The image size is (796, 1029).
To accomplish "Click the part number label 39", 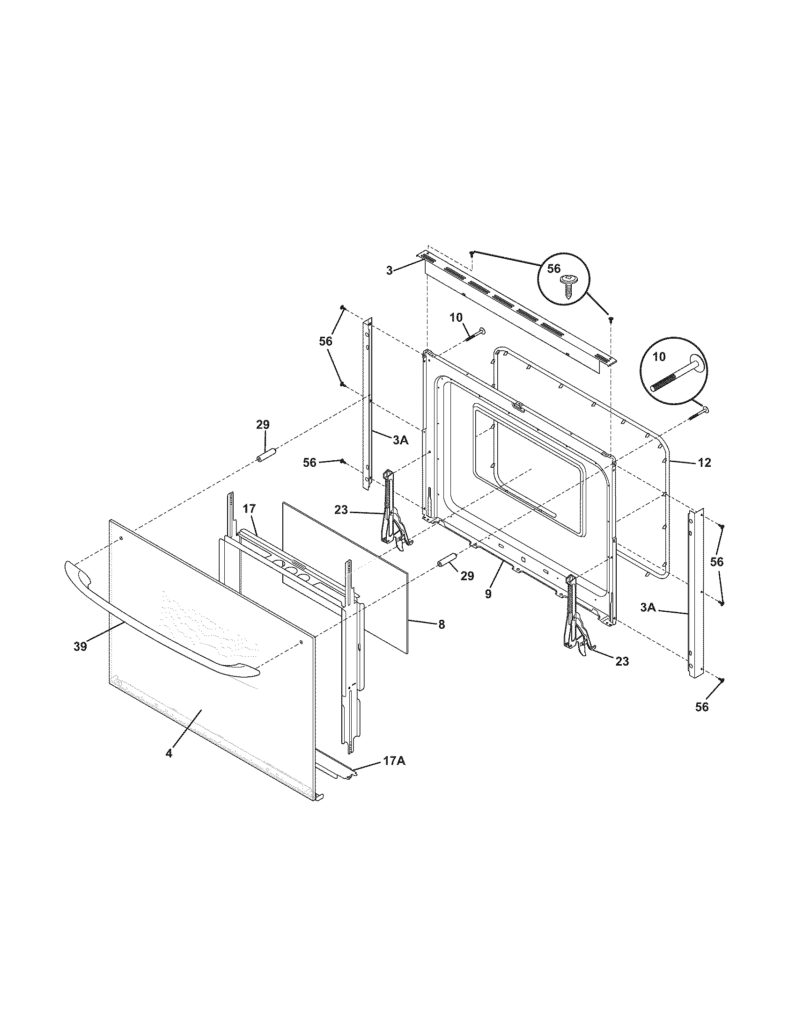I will click(x=80, y=646).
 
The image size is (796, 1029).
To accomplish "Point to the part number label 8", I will click(x=441, y=625).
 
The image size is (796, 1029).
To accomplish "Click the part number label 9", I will click(x=488, y=594).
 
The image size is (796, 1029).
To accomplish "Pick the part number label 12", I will click(x=704, y=463).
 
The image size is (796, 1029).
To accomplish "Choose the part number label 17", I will click(x=250, y=508).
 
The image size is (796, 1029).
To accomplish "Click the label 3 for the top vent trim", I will click(x=389, y=271).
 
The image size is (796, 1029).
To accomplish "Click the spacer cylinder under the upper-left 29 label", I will click(x=265, y=456).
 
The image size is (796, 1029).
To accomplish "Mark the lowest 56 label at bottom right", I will click(x=702, y=720).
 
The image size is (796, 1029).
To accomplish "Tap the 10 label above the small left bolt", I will click(x=456, y=318).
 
